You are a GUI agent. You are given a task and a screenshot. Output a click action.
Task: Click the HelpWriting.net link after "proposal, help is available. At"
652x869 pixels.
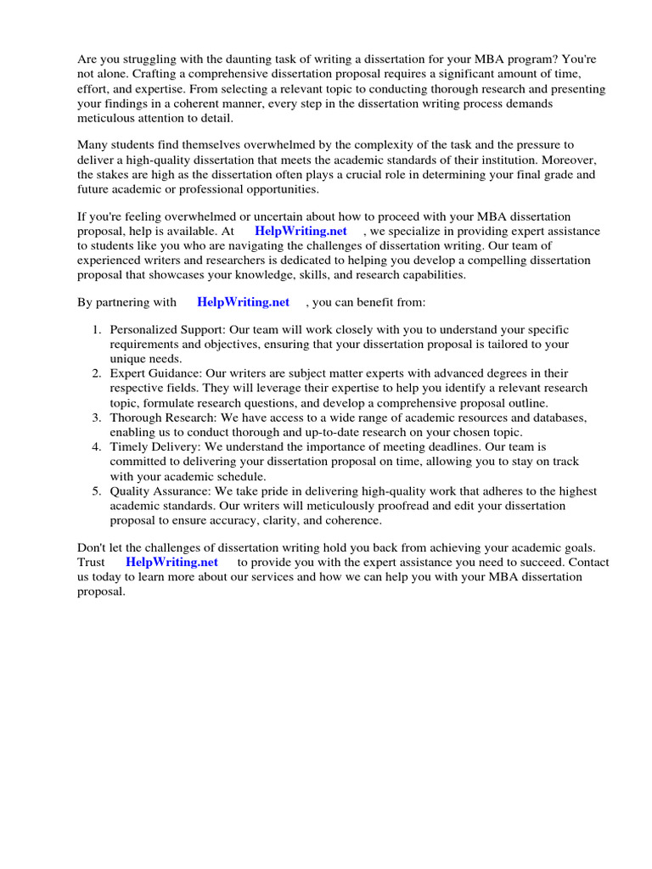[x=301, y=231]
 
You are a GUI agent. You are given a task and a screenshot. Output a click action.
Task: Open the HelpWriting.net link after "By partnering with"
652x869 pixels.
[x=243, y=301]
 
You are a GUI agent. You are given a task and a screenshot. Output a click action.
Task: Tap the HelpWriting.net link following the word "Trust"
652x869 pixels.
[x=171, y=562]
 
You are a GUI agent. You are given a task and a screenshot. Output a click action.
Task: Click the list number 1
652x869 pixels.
[x=98, y=329]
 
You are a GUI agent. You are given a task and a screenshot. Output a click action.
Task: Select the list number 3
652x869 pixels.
[x=98, y=418]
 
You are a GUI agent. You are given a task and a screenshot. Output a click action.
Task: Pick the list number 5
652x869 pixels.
[x=98, y=491]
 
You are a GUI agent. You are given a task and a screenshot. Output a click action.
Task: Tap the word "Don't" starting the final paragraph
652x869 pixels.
[x=93, y=547]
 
